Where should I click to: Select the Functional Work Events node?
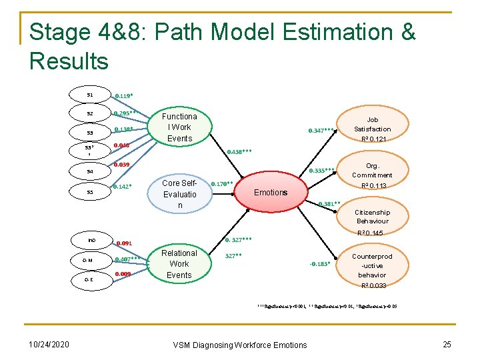pyautogui.click(x=179, y=127)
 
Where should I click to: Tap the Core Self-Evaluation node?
pyautogui.click(x=179, y=194)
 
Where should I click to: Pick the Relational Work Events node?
pyautogui.click(x=179, y=264)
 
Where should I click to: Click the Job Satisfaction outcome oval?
pyautogui.click(x=373, y=129)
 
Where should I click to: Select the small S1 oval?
pyautogui.click(x=89, y=95)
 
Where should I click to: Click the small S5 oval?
pyautogui.click(x=89, y=192)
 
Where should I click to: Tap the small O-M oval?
pyautogui.click(x=88, y=261)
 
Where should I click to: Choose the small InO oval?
pyautogui.click(x=91, y=239)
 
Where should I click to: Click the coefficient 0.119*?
pyautogui.click(x=125, y=95)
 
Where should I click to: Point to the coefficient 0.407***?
pyautogui.click(x=127, y=259)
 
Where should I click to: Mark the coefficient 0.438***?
pyautogui.click(x=239, y=152)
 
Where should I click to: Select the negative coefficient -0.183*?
pyautogui.click(x=320, y=263)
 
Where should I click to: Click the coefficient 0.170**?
pyautogui.click(x=221, y=183)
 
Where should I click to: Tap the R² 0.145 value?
pyautogui.click(x=371, y=233)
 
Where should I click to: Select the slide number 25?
pyautogui.click(x=447, y=344)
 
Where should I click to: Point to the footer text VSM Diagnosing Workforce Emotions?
pyautogui.click(x=240, y=345)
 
